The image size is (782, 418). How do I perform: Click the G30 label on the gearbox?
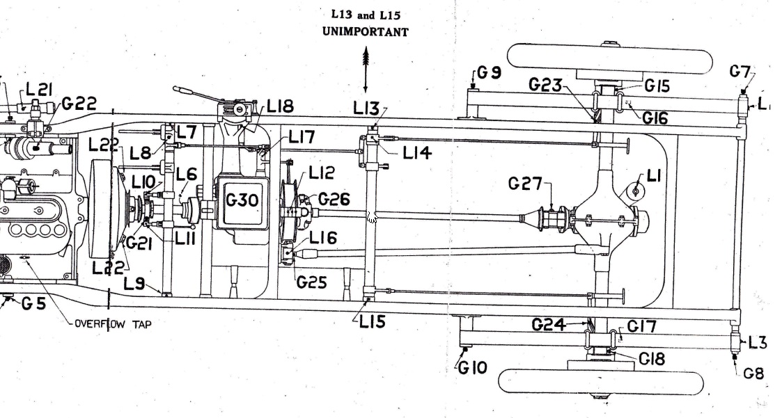coord(242,200)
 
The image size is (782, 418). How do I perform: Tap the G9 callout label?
coord(490,72)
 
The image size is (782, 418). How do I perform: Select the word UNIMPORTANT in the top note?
coord(365,31)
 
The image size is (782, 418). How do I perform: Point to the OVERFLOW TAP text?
coord(113,323)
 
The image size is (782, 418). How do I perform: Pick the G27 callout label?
coord(525,184)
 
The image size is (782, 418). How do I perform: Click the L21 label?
coord(39,90)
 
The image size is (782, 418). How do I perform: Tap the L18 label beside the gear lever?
coord(281,106)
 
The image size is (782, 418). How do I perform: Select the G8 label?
coord(753,373)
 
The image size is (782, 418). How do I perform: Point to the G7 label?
coord(740,72)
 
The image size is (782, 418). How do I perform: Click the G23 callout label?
coord(545,84)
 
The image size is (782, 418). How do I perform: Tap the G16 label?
coord(655,118)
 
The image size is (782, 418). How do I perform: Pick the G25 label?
coord(312,282)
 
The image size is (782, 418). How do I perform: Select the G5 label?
coord(33,303)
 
